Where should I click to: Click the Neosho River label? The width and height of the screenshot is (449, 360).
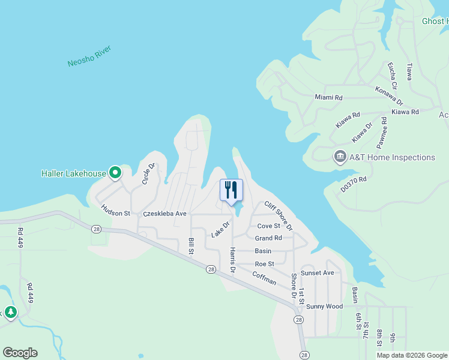89,55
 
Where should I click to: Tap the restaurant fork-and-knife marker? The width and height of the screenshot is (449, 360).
231,190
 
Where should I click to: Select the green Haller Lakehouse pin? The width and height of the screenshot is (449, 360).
115,173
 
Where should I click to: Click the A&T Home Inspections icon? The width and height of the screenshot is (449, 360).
340,157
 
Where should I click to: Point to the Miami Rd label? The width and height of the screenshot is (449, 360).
328,97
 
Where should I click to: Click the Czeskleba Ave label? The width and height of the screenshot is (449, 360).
164,214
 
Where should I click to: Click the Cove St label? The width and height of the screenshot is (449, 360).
268,226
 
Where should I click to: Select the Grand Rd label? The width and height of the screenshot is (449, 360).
268,238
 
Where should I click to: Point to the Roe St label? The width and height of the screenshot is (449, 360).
264,263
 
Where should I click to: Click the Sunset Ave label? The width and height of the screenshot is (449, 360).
317,273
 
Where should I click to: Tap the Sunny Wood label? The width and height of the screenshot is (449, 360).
324,307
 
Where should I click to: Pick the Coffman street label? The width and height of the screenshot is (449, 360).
264,278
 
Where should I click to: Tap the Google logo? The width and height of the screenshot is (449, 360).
20,353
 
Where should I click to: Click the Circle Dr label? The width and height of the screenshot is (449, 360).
148,173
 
